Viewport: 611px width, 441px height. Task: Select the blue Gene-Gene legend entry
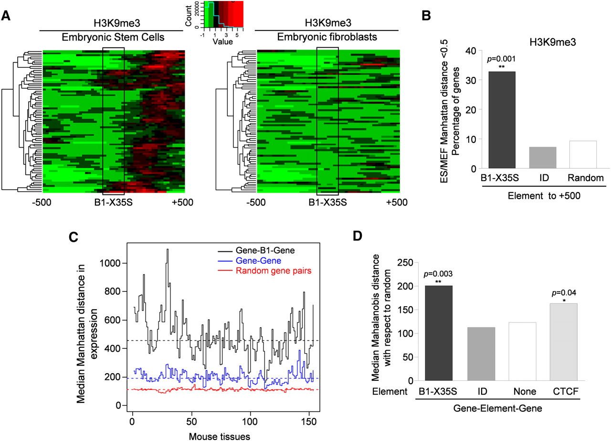tap(254, 262)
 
